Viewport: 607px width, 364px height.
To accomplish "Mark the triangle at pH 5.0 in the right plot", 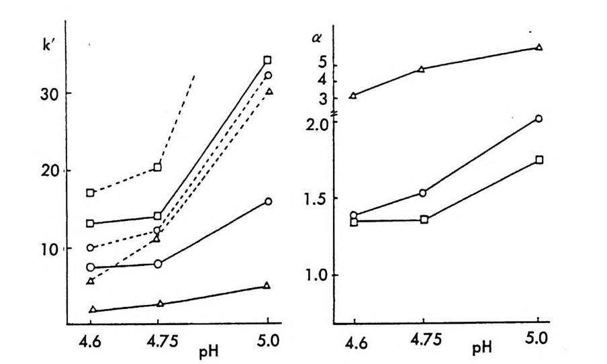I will [x=539, y=47].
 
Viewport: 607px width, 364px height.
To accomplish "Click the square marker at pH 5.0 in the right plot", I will [x=539, y=160].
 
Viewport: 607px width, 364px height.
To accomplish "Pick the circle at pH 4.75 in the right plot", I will [x=422, y=193].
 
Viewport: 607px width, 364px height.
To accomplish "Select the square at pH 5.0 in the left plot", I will [x=268, y=60].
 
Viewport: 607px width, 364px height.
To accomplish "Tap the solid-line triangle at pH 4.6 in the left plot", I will [x=93, y=310].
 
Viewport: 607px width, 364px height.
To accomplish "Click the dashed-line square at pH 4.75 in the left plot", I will [x=158, y=167].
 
